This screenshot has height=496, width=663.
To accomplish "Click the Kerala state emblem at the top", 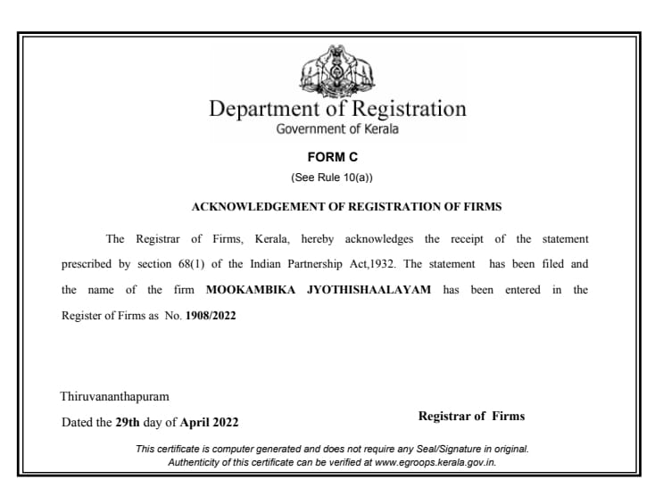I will click(337, 71).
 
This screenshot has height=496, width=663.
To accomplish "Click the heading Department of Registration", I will click(337, 110).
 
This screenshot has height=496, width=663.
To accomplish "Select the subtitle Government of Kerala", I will click(337, 129).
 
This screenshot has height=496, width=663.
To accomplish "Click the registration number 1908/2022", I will click(211, 315).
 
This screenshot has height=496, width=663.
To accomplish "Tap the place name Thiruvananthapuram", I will click(114, 396).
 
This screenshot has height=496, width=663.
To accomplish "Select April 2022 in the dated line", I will click(209, 422).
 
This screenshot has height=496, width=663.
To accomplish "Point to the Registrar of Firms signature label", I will click(471, 417).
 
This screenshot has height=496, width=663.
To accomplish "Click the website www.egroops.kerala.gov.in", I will click(435, 462).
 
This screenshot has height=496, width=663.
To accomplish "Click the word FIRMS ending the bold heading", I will click(484, 207).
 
